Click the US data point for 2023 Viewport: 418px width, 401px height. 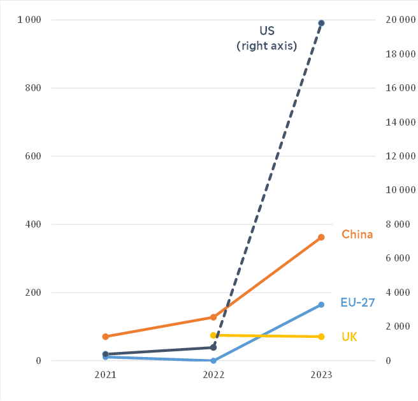pos(321,23)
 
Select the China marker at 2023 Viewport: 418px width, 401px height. pos(321,237)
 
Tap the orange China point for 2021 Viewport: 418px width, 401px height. pos(105,337)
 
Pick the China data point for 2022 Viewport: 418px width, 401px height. pos(213,317)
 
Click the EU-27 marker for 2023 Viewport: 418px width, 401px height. pos(321,305)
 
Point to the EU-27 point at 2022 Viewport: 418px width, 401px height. pos(213,361)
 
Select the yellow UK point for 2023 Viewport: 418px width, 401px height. pos(321,337)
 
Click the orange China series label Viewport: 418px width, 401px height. pos(357,235)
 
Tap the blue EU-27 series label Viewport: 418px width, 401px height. pos(357,303)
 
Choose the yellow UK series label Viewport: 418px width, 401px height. pos(349,337)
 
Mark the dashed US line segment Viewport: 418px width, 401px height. pos(268,185)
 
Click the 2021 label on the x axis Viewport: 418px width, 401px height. pos(105,375)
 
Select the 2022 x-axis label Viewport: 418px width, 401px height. pos(213,375)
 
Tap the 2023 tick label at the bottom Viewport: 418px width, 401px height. pos(321,375)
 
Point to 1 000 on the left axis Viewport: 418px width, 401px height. pos(29,20)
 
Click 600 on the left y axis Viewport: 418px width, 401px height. pos(33,156)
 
